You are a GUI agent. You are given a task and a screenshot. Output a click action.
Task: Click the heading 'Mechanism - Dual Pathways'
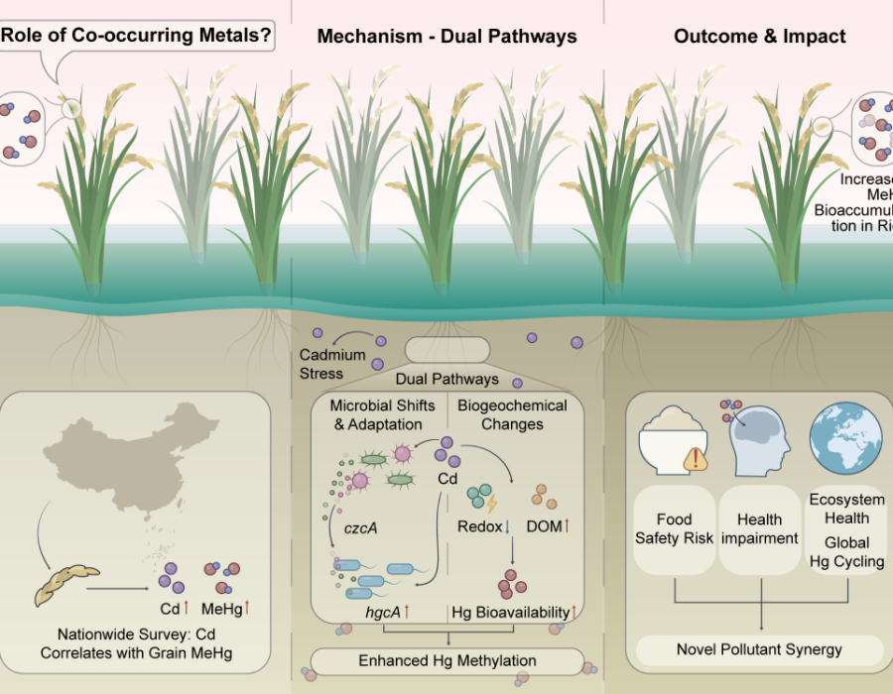(446, 37)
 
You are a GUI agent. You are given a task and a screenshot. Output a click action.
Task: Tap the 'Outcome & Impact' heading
(759, 37)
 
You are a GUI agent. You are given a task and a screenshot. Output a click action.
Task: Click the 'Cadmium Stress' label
(332, 365)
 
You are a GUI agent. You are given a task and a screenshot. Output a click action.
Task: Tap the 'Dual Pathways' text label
(446, 380)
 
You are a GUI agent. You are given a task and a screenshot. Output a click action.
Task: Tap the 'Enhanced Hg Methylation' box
(447, 660)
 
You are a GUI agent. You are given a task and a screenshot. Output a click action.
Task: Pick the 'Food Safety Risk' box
(674, 528)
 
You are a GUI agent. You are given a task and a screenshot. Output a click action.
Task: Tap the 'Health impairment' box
(760, 528)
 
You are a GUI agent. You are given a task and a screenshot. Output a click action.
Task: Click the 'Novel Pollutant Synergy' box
(759, 649)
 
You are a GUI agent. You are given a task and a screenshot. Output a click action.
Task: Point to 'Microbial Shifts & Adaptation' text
(382, 414)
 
